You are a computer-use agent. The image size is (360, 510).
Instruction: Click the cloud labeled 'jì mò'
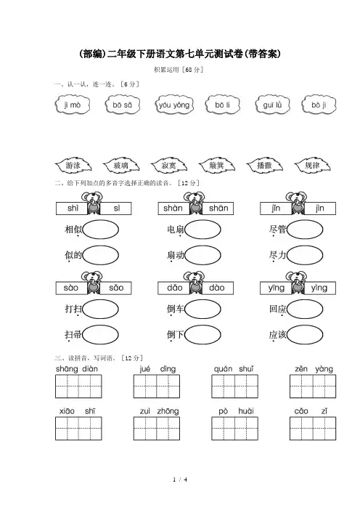point(73,105)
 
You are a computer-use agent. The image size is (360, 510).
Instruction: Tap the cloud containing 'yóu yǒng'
point(174,105)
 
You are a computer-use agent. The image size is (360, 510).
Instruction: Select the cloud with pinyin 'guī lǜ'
point(272,105)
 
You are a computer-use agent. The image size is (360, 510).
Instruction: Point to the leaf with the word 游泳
point(73,166)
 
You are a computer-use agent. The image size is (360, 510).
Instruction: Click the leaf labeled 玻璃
point(121,166)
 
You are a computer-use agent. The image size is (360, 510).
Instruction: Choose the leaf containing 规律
point(312,166)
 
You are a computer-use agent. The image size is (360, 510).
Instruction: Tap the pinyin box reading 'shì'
point(72,209)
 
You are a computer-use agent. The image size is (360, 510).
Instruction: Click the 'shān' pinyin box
point(218,209)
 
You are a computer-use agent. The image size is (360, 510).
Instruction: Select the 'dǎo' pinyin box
point(173,288)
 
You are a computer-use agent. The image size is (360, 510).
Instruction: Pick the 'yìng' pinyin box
point(319,288)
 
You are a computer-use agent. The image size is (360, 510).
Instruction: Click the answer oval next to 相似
point(101,230)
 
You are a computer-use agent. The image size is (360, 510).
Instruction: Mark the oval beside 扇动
point(202,255)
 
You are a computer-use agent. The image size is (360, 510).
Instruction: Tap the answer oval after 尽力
point(305,255)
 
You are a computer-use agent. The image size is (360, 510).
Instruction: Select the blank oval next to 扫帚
point(101,335)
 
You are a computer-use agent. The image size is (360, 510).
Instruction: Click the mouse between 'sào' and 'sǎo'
point(93,283)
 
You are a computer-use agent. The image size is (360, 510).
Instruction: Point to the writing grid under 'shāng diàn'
point(78,386)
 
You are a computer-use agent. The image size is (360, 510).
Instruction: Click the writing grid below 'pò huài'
point(234,429)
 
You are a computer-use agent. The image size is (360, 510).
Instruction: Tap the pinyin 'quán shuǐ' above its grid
point(234,369)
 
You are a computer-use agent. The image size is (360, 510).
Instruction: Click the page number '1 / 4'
point(180,479)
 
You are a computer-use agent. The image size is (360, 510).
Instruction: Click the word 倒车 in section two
point(176,309)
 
